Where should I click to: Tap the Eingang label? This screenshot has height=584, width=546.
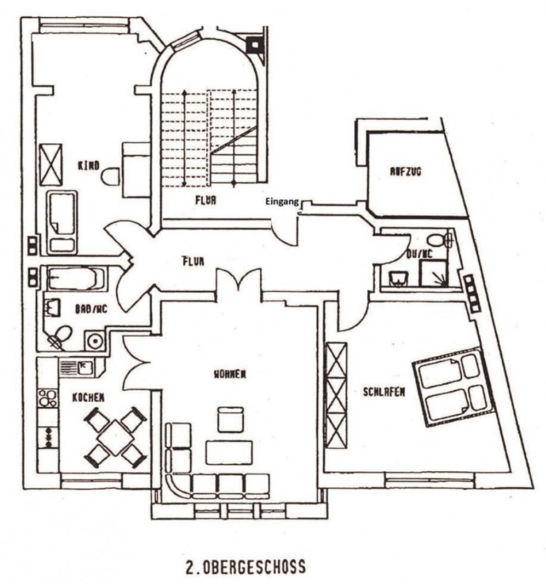280,201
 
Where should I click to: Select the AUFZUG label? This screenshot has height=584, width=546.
405,172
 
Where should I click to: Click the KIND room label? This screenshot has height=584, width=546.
88,166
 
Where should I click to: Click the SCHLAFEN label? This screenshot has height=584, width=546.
383,392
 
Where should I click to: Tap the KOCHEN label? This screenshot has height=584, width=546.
88,398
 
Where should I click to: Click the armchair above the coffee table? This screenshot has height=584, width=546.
230,419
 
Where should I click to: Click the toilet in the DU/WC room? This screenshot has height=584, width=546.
437,239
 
